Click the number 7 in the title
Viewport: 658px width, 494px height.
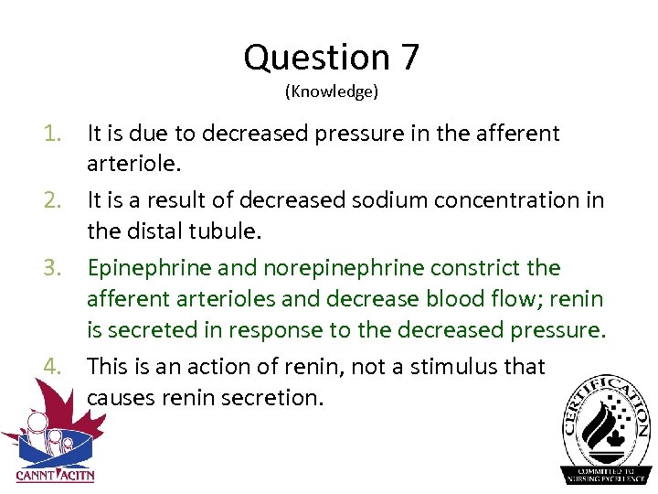tap(409, 58)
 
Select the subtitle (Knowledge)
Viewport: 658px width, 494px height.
tap(331, 91)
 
